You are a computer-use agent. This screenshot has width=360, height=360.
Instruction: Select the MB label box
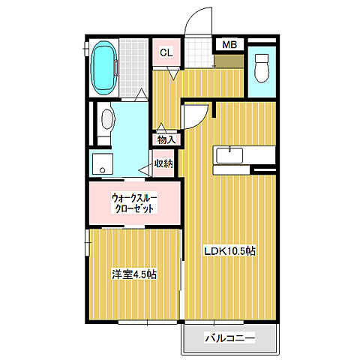pyautogui.click(x=229, y=44)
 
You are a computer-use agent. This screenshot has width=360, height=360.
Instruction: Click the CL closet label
pyautogui.click(x=166, y=53)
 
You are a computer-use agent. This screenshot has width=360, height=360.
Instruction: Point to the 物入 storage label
pyautogui.click(x=166, y=139)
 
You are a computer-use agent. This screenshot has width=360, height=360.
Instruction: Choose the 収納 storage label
pyautogui.click(x=164, y=163)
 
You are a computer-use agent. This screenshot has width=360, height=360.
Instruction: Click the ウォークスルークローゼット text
pyautogui.click(x=133, y=202)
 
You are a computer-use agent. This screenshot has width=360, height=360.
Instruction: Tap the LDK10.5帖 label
pyautogui.click(x=231, y=251)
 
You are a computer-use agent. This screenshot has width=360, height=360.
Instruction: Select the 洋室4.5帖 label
pyautogui.click(x=133, y=275)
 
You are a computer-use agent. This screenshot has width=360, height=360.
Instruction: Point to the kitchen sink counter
pyautogui.click(x=230, y=155)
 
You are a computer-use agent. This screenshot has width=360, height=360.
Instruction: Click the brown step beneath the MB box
pyautogui.click(x=229, y=58)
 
